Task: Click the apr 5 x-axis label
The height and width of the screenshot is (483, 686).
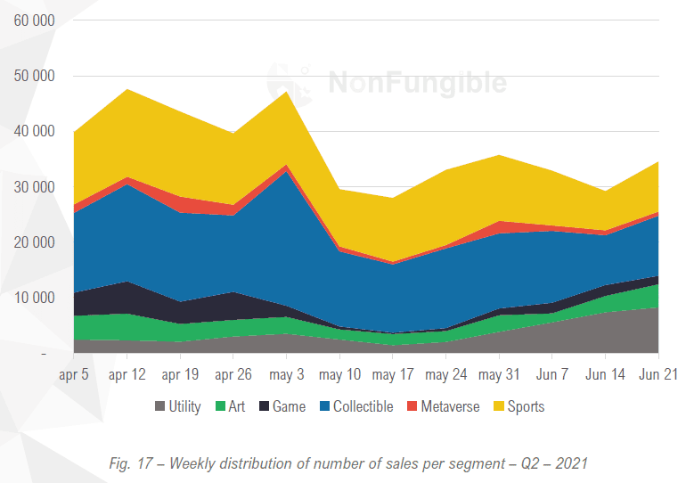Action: [72, 374]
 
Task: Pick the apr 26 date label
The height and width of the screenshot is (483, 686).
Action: [233, 374]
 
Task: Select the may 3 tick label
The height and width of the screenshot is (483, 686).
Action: [287, 374]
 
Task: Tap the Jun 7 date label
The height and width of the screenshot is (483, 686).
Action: [552, 374]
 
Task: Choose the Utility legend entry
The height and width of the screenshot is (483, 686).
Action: [178, 406]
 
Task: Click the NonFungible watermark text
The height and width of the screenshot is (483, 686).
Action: [417, 83]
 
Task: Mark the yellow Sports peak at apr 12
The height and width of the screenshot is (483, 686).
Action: [127, 90]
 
